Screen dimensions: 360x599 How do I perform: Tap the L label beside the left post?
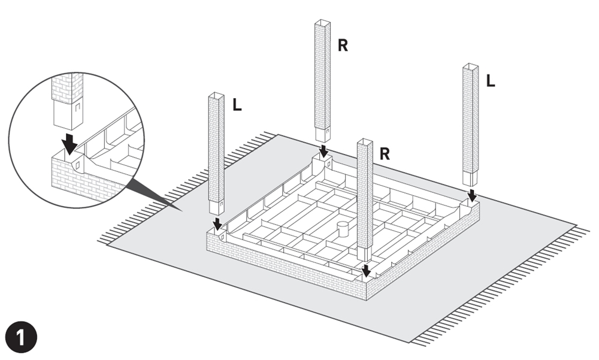(x=237, y=105)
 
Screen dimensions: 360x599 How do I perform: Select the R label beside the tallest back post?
(x=343, y=46)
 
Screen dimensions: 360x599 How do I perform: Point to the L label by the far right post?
(x=491, y=81)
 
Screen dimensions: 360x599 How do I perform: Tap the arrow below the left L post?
(x=217, y=223)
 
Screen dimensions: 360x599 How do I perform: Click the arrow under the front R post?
(x=366, y=270)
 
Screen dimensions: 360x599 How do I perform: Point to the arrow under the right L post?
(x=472, y=195)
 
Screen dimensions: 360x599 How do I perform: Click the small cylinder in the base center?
(x=343, y=229)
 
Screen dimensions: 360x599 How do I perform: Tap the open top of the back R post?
(x=323, y=23)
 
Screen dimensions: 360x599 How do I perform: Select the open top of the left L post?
(x=216, y=96)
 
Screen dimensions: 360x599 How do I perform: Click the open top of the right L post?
(x=471, y=67)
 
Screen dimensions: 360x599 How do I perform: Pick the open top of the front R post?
(x=365, y=143)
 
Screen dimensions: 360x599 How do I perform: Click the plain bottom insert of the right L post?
(x=472, y=178)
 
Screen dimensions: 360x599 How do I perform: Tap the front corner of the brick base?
(x=365, y=289)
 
